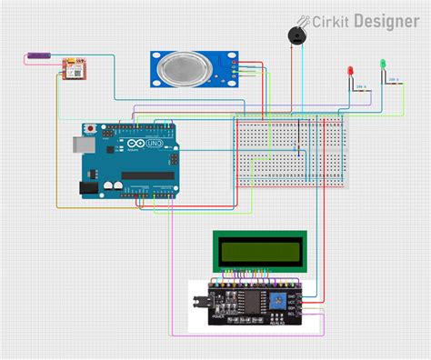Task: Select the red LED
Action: (349, 72)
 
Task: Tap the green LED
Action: (384, 65)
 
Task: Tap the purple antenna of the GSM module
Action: (37, 56)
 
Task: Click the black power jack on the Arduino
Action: (87, 187)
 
